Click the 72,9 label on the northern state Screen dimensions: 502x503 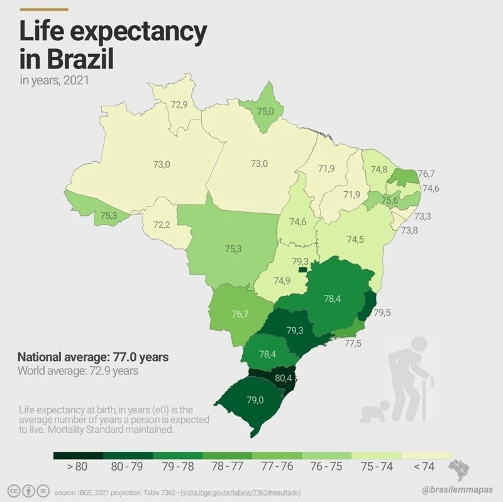pos(179,104)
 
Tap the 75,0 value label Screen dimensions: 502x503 pos(265,111)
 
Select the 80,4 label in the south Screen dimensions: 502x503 pos(284,379)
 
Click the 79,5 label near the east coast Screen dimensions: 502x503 pos(382,312)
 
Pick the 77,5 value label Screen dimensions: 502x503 pos(353,343)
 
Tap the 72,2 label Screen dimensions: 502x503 pos(162,225)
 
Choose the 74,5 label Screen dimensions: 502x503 pos(355,240)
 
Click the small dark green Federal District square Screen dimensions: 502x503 pos(303,269)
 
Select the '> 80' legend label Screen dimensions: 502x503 pos(77,467)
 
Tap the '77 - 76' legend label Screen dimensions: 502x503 pos(277,467)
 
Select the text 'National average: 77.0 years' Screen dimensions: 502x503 pos(93,357)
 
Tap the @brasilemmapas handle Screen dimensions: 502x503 pos(457,489)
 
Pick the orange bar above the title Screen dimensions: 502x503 pos(43,9)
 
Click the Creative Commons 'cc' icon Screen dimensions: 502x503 pos(13,491)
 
